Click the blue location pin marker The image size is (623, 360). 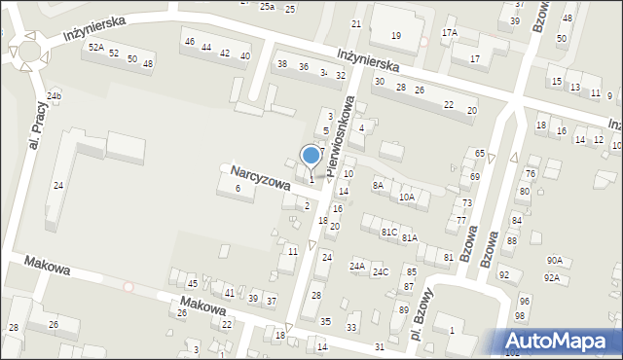tap(311, 156)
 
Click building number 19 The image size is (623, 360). tap(395, 36)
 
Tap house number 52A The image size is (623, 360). tap(95, 47)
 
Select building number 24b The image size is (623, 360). tap(55, 95)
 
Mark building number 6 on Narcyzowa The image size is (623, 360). tap(238, 189)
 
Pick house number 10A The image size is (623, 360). tap(407, 198)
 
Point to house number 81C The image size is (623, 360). tap(388, 232)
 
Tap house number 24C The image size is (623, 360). tap(381, 271)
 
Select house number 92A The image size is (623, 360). tap(551, 277)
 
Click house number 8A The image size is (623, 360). tap(378, 185)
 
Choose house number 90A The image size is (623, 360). tap(554, 260)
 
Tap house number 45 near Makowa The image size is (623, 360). tap(192, 283)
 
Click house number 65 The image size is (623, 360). tap(480, 154)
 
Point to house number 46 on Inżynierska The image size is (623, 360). tap(190, 42)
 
